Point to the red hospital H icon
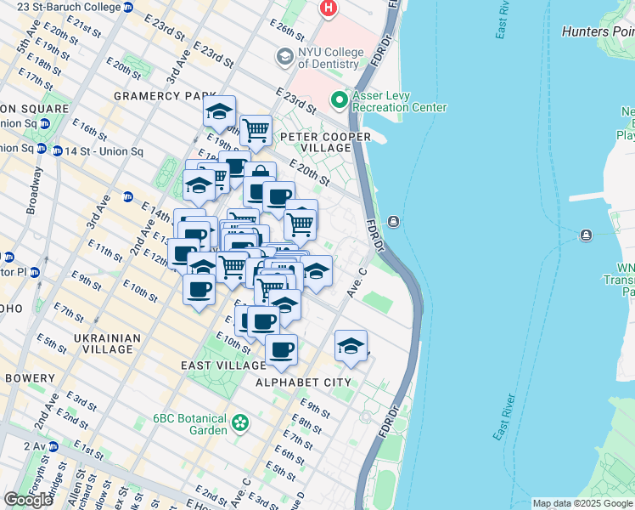tap(328, 9)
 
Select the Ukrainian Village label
tap(107, 344)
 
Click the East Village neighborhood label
tap(223, 365)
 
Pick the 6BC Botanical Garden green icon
tap(241, 422)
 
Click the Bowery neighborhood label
tap(31, 377)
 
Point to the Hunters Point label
tap(598, 31)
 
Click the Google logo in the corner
tap(28, 500)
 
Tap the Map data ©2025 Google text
tap(582, 503)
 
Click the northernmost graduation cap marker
tap(219, 111)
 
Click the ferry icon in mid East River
tap(586, 235)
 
